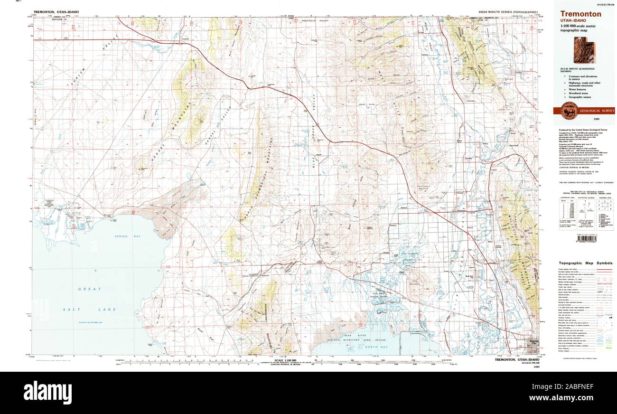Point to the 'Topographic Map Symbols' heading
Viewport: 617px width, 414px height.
(x=585, y=263)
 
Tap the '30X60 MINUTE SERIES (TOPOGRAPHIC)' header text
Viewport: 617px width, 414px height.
(x=508, y=11)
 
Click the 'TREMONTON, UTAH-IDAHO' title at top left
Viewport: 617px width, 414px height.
(x=56, y=11)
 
